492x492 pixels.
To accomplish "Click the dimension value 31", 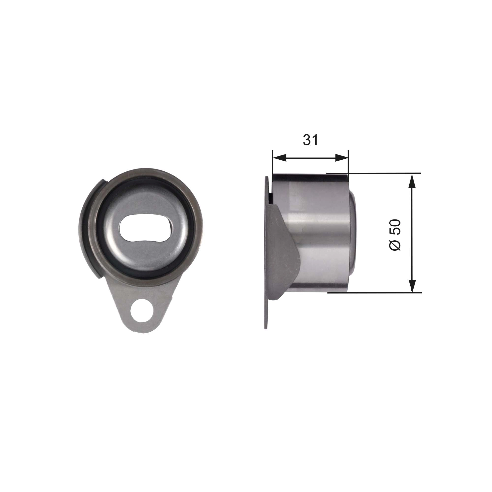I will click(x=310, y=140).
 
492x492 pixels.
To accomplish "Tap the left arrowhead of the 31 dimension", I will click(x=279, y=158).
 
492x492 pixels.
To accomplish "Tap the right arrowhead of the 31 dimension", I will click(x=342, y=158).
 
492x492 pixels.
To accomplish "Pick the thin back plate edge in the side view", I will click(x=266, y=313).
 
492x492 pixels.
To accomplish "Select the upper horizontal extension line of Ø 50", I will click(x=382, y=173).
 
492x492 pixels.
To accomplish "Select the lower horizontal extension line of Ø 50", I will click(x=382, y=292).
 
